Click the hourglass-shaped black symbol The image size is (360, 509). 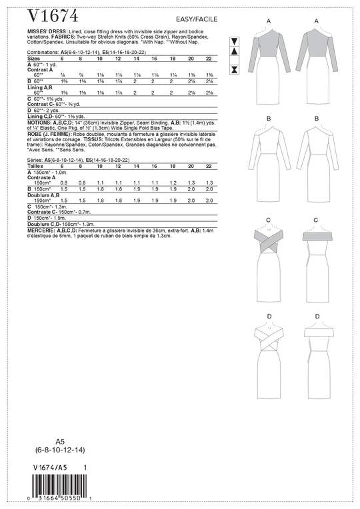[x=234, y=69]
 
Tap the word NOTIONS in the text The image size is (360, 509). [x=39, y=121]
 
